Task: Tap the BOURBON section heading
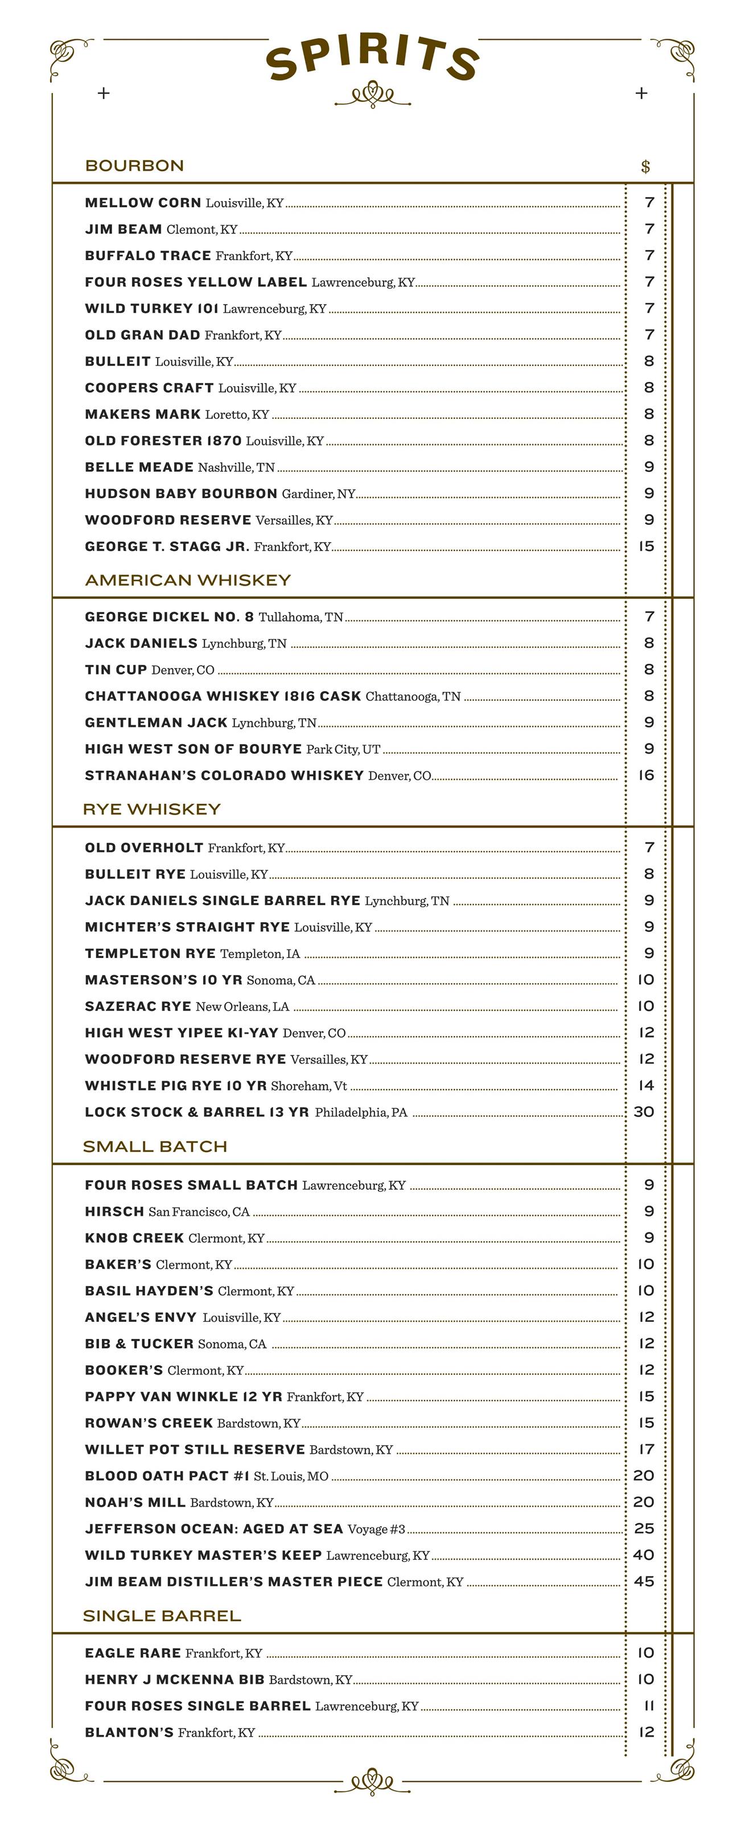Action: point(134,166)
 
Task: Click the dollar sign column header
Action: point(645,167)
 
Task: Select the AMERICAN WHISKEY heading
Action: point(187,581)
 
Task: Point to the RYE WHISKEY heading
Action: point(152,809)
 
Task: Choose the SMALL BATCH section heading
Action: point(155,1146)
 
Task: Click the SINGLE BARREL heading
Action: point(162,1616)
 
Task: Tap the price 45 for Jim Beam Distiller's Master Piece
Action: point(644,1581)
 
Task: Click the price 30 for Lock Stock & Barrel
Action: point(644,1112)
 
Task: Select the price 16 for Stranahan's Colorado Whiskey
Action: point(646,775)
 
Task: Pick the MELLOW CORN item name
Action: point(143,203)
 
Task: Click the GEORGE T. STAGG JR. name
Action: point(167,546)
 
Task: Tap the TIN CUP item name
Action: point(116,669)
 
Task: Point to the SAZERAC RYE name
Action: point(138,1006)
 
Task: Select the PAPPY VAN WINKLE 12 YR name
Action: point(183,1397)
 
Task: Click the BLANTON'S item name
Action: point(129,1733)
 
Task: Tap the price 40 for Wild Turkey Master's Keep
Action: point(644,1555)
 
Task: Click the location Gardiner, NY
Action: point(318,494)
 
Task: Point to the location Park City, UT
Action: point(343,749)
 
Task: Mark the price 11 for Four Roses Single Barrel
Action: point(648,1706)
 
